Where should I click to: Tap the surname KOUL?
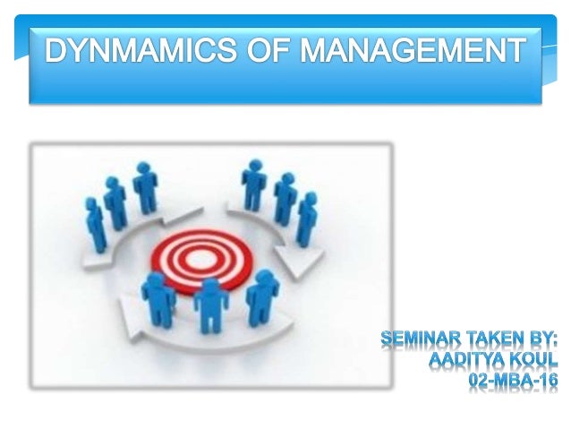[x=533, y=360]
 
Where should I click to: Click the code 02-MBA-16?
[x=514, y=381]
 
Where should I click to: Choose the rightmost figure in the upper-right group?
[x=306, y=219]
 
